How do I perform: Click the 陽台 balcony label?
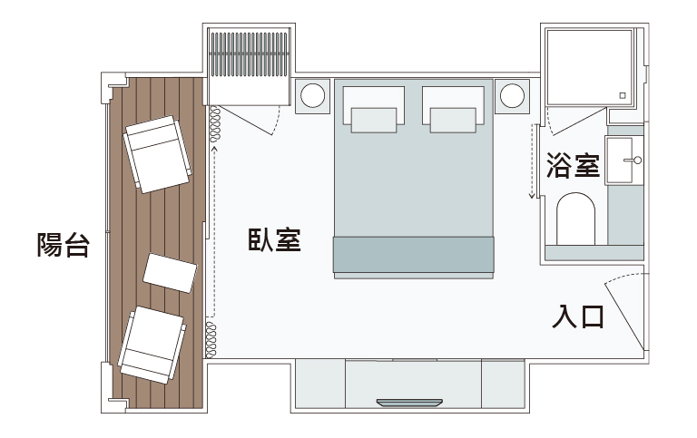coord(63,245)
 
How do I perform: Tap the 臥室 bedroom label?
coord(274,240)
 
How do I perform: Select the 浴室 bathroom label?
coord(573,166)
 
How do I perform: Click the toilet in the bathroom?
coord(574,219)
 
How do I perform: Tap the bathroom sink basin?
coord(623,160)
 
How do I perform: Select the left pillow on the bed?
coord(373,119)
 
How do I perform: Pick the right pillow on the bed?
coord(453,119)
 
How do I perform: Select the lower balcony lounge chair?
coord(153,345)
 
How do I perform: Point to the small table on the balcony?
coord(171,274)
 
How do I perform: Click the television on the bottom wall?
coord(410,401)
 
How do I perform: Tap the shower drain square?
coord(623,94)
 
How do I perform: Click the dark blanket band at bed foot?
coord(413,253)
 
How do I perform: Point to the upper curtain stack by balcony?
coord(215,124)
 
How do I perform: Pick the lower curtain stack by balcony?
coord(212,338)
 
